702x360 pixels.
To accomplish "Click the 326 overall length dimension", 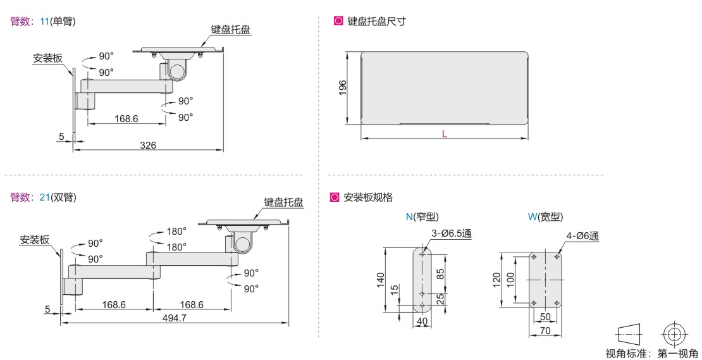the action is (x=148, y=145).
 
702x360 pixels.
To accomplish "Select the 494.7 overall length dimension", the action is (x=174, y=318).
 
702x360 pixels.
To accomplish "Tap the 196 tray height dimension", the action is (x=343, y=89).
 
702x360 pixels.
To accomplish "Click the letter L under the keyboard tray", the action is (x=445, y=134).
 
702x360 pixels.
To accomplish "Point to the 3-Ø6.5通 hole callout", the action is (x=452, y=233).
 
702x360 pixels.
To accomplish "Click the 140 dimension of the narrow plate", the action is (x=381, y=280).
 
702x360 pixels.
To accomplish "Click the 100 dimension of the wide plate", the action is (x=511, y=280).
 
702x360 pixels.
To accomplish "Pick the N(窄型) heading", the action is (x=422, y=217).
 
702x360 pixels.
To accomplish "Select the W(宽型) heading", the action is (x=545, y=217).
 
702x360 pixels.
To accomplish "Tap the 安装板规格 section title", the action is (x=368, y=197).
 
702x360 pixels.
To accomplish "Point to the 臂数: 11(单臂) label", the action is (x=43, y=21).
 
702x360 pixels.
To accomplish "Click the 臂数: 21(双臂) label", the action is (x=43, y=197).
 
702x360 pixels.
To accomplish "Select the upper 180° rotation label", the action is (x=176, y=232).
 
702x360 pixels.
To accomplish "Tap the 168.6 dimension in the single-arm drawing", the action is (x=126, y=119).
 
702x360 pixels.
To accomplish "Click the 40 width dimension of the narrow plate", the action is (x=422, y=321).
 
